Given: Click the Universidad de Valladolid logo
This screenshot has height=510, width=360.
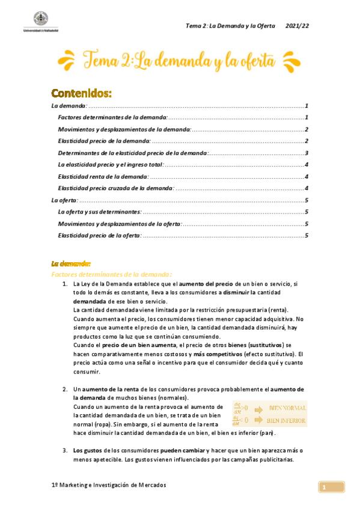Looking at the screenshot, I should (x=37, y=20).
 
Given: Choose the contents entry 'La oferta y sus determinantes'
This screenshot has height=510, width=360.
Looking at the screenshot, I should (x=100, y=212).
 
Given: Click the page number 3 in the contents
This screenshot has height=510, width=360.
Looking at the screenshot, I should (x=307, y=153).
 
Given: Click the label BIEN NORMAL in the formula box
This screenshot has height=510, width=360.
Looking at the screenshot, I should (x=287, y=407).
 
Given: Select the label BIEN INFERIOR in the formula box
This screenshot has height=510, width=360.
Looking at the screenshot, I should (x=286, y=420).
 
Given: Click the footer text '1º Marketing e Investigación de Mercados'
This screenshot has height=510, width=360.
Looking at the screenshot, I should (x=109, y=485).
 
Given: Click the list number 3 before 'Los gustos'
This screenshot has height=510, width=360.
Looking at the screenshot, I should (x=65, y=450).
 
